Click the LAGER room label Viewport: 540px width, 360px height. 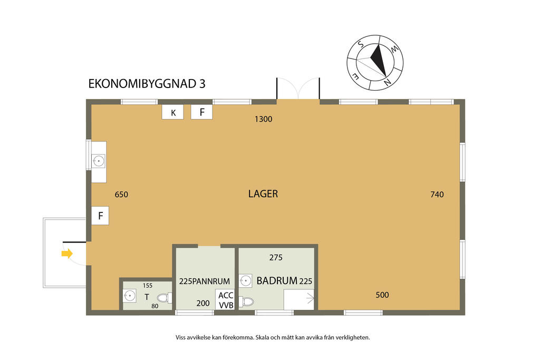[x=263, y=194]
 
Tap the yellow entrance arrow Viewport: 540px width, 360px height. [x=66, y=254]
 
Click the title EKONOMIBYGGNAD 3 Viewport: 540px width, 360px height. [x=147, y=84]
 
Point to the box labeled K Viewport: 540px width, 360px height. [x=173, y=112]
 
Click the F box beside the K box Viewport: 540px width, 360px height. [x=201, y=112]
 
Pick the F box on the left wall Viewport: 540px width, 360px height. [x=100, y=216]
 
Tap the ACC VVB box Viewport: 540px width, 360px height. [x=225, y=299]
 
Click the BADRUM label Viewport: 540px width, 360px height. [x=276, y=281]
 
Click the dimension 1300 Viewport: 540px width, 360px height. [x=263, y=119]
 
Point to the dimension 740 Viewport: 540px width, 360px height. [x=437, y=194]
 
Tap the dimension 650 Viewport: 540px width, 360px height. [x=121, y=194]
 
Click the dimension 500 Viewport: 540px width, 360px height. [x=382, y=295]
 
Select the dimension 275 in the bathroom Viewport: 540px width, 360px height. [x=276, y=258]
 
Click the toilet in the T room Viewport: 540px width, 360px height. [x=165, y=298]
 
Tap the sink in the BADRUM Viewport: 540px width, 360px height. [x=245, y=280]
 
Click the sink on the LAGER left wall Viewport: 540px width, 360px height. [x=99, y=161]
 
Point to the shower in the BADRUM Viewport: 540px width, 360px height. [x=299, y=299]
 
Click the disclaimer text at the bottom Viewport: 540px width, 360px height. [x=273, y=337]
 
